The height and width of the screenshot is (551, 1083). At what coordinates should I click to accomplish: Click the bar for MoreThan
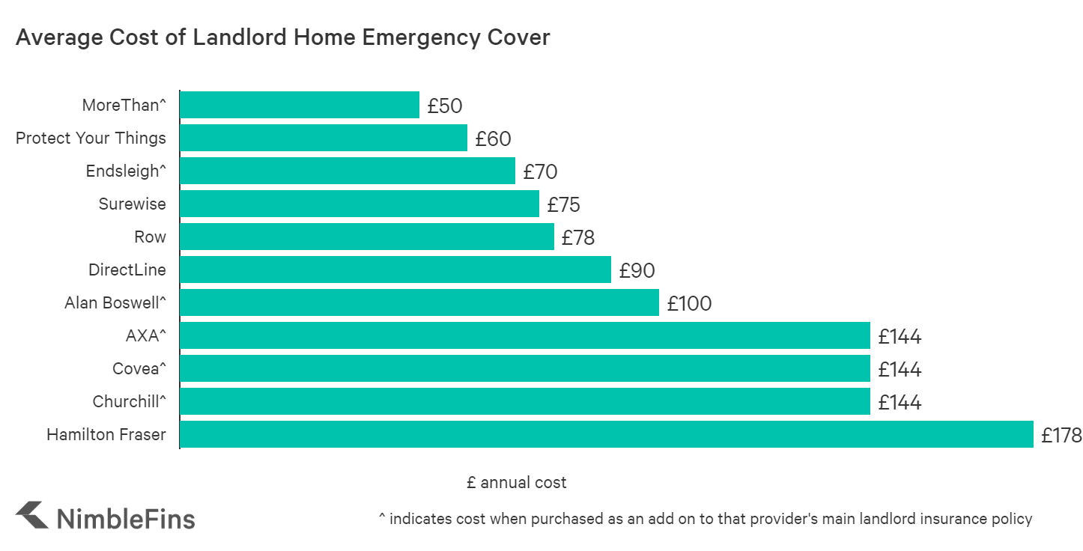coord(300,105)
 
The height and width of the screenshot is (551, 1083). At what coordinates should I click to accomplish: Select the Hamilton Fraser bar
coord(607,434)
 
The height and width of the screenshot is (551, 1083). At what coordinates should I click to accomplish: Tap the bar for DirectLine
coord(395,270)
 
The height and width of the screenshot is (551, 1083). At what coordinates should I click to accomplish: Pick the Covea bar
coord(524,368)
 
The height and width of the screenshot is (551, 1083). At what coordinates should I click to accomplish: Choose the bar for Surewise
coord(360,204)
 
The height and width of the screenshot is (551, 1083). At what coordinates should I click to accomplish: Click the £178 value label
coord(1061,435)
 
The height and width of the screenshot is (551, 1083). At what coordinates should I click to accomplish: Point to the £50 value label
coord(445,106)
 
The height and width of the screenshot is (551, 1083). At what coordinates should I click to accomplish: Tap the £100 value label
coord(689,303)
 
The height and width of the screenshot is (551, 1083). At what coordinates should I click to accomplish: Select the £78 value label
coord(578,237)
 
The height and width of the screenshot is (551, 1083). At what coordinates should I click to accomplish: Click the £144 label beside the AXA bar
coord(900,336)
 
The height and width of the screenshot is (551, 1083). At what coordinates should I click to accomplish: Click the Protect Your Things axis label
coord(91,138)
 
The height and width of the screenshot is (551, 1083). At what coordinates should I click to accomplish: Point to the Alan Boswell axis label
coord(115,303)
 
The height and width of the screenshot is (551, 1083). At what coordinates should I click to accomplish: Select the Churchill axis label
coord(129,402)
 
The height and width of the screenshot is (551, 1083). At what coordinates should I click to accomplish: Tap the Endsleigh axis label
coord(126,171)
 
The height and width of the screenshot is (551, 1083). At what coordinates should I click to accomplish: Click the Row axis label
coord(150,237)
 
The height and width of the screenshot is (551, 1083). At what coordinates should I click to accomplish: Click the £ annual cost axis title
coord(516,483)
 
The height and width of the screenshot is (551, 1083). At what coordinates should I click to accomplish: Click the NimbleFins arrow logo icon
coord(32,515)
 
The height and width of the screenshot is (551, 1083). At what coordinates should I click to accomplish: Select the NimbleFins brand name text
coord(126,518)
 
